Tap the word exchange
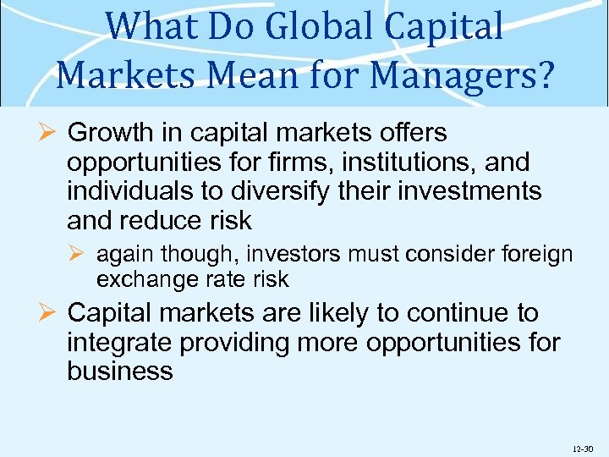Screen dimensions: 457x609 (x=141, y=278)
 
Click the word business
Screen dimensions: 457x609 (x=120, y=371)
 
